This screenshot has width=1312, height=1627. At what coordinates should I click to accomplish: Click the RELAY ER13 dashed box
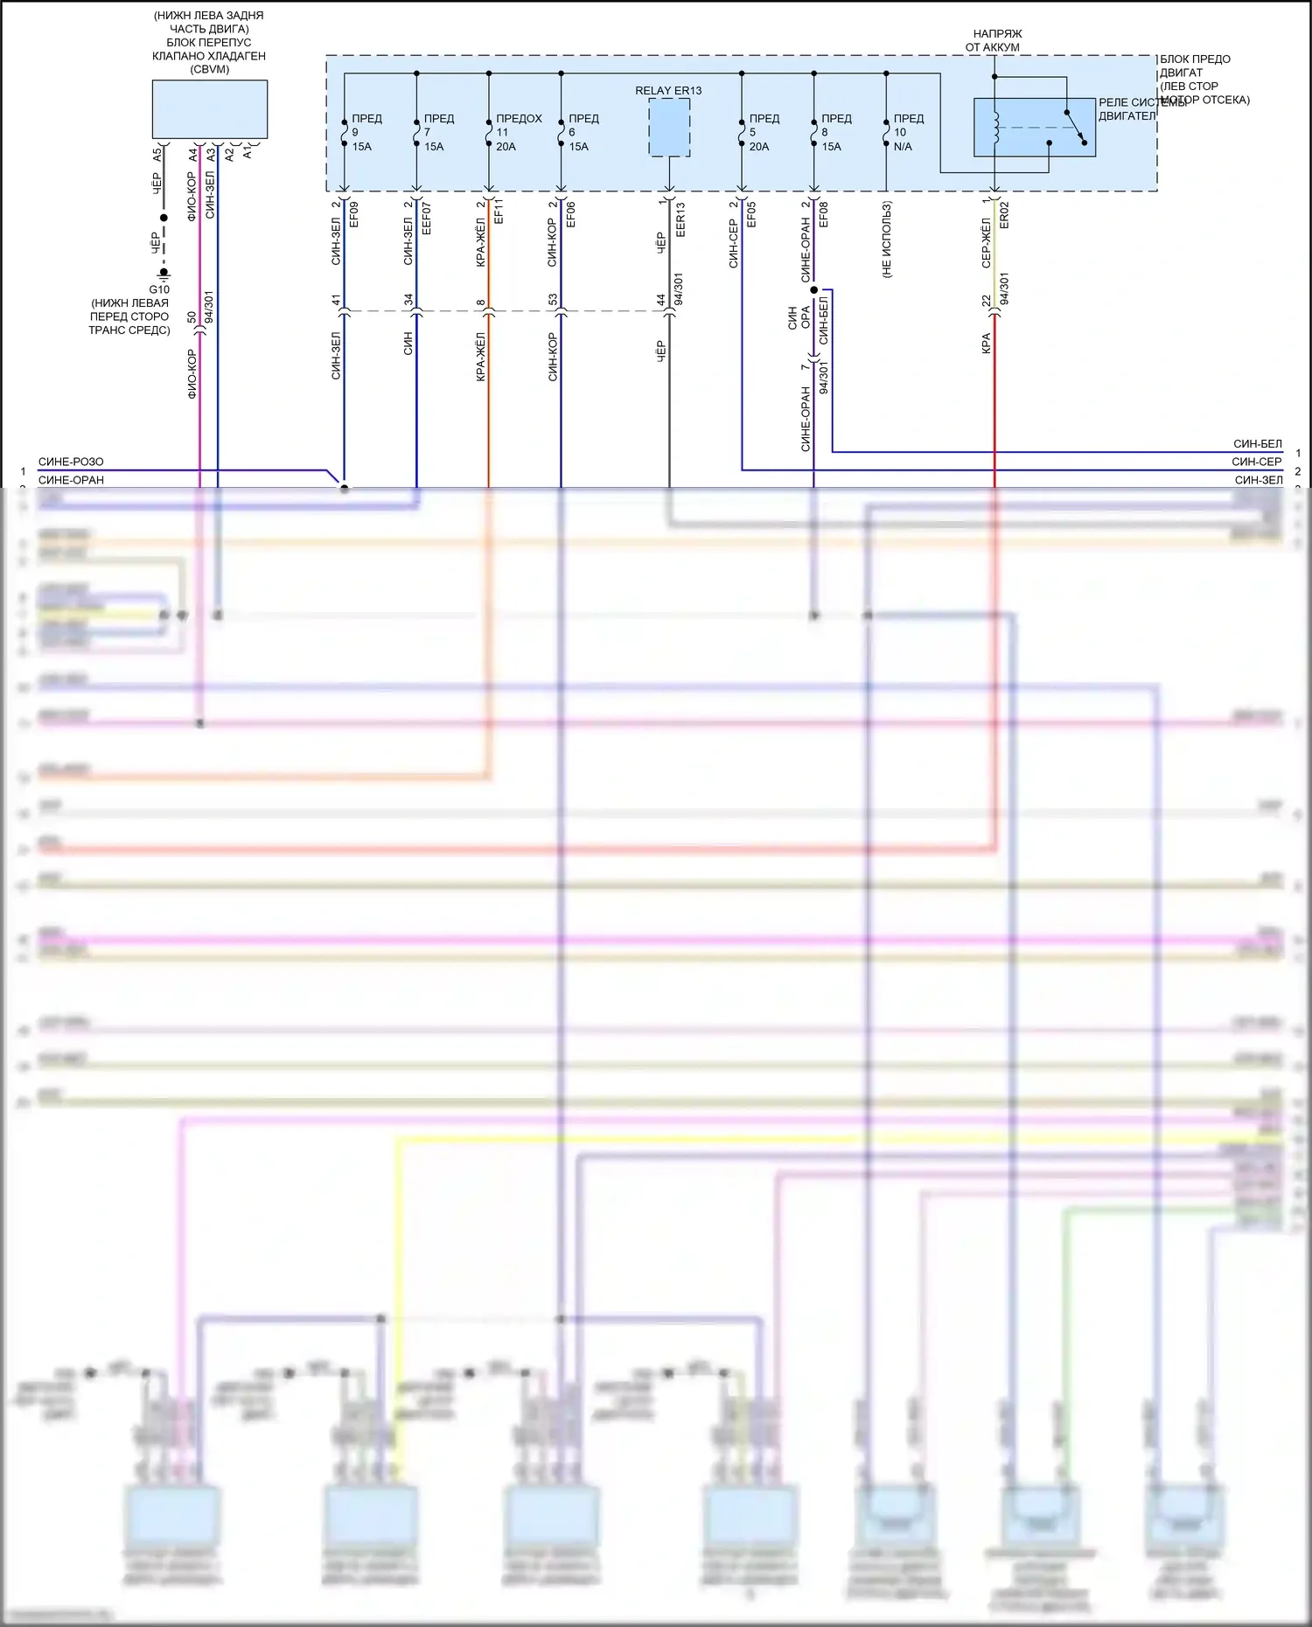tap(669, 128)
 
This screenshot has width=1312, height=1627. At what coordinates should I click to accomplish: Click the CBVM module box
tap(210, 109)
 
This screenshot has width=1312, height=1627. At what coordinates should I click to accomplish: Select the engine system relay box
tap(1035, 128)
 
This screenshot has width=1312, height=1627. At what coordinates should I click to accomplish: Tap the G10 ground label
tap(159, 289)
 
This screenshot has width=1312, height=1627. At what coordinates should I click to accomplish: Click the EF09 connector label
tap(354, 214)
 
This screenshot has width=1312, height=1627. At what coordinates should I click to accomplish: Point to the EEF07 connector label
tap(427, 218)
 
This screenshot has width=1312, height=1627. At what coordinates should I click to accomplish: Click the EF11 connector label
tap(499, 212)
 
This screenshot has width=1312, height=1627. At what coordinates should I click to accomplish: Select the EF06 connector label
tap(571, 214)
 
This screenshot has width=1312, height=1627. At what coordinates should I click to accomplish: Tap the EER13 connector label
tap(680, 219)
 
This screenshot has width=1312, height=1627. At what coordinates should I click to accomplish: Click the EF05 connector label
tap(751, 214)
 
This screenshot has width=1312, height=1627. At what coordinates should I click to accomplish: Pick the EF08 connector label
tap(824, 214)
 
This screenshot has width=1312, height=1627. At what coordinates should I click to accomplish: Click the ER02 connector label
tap(1004, 215)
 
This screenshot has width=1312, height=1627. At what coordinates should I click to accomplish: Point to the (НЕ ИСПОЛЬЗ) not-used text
tap(887, 240)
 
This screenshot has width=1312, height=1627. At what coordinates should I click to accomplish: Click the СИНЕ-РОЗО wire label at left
tap(71, 462)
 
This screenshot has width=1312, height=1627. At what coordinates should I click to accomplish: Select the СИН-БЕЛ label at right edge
tap(1258, 444)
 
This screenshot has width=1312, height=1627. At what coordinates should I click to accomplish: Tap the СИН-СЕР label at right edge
tap(1257, 462)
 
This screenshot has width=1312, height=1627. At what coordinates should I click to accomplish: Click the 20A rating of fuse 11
tap(506, 147)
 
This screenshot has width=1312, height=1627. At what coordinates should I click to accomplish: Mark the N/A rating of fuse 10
tap(903, 147)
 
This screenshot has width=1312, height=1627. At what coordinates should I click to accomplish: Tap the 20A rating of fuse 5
tap(759, 147)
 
